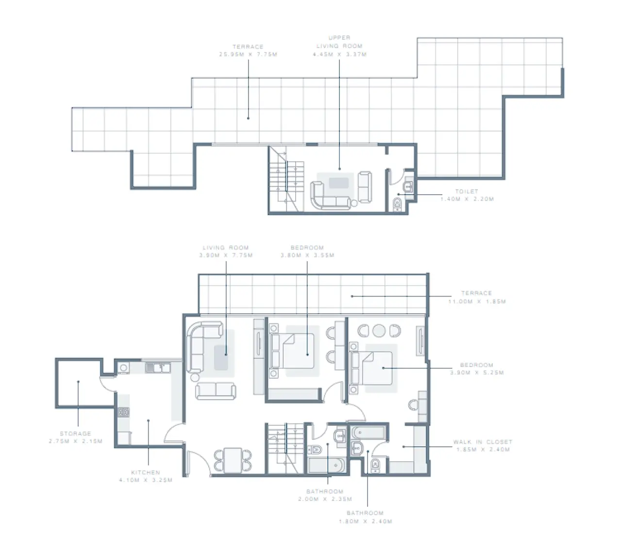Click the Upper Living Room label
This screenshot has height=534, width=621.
[339, 42]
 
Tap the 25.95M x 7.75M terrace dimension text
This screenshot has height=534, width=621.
[248, 54]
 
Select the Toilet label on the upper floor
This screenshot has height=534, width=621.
[467, 191]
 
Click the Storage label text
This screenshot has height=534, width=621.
[75, 434]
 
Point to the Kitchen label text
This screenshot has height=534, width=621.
[145, 472]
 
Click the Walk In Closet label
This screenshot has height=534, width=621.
[483, 442]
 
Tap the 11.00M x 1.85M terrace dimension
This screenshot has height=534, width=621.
[477, 301]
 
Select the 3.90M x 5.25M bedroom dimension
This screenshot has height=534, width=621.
[477, 373]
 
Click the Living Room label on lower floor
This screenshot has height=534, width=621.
[226, 248]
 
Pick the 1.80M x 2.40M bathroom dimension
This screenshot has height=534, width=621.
[365, 521]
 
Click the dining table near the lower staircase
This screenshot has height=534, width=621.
[234, 459]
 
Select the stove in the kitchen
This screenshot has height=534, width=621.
[123, 412]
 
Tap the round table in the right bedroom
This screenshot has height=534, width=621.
[379, 331]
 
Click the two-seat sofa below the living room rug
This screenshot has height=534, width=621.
[216, 391]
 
